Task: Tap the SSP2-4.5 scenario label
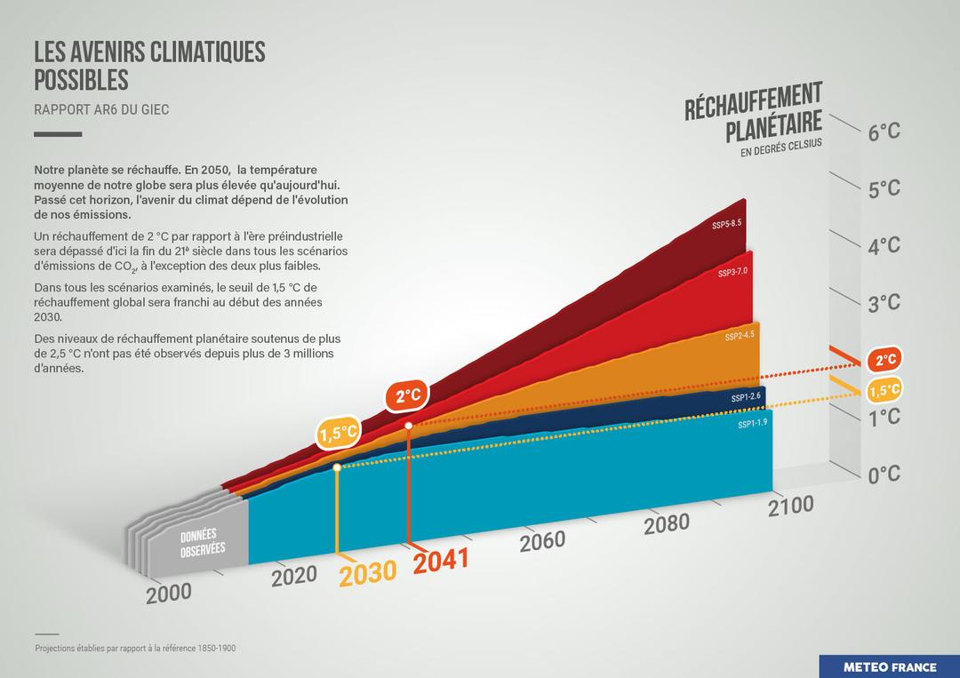tap(739, 337)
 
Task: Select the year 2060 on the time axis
tap(542, 540)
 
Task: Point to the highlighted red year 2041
tap(441, 561)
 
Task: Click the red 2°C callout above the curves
tap(407, 396)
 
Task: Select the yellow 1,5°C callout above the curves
tap(339, 434)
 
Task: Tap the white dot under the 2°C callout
tap(408, 427)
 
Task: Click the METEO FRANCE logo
tap(889, 666)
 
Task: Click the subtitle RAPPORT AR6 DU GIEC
tap(101, 109)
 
